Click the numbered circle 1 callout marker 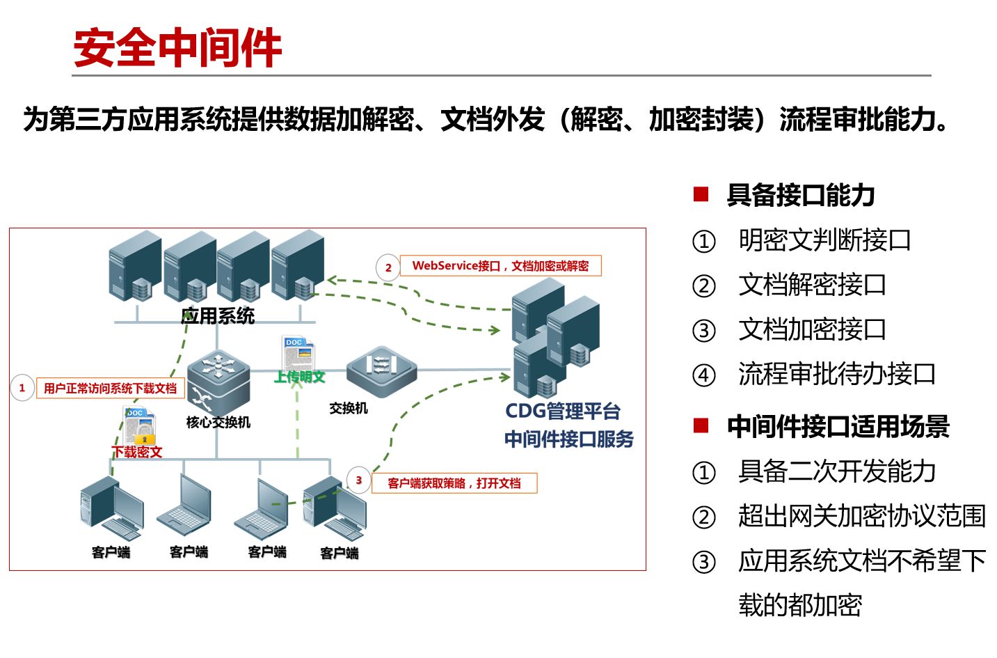(22, 388)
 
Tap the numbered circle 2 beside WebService (388, 267)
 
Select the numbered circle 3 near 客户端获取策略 (358, 480)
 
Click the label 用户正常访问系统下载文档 (110, 389)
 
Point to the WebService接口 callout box (500, 266)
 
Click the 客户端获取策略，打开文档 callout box (454, 483)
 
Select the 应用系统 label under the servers (218, 316)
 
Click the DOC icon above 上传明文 (298, 352)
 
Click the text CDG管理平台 (562, 411)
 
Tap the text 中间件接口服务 (568, 439)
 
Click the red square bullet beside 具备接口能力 (701, 194)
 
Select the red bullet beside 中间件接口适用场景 (701, 425)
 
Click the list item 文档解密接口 (812, 285)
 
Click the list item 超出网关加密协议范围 (862, 516)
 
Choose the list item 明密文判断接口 (824, 240)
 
